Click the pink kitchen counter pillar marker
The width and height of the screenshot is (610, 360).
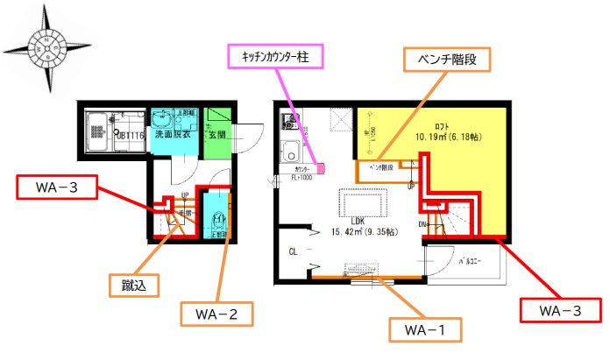click(x=322, y=166)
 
